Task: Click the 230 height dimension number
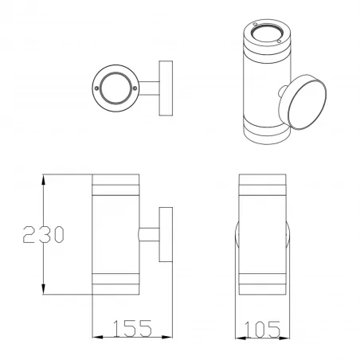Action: [42, 236]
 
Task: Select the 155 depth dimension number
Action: [133, 328]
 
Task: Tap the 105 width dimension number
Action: [264, 328]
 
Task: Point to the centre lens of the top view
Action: [117, 84]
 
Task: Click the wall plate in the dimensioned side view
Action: [166, 236]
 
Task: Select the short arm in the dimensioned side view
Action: [149, 236]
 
